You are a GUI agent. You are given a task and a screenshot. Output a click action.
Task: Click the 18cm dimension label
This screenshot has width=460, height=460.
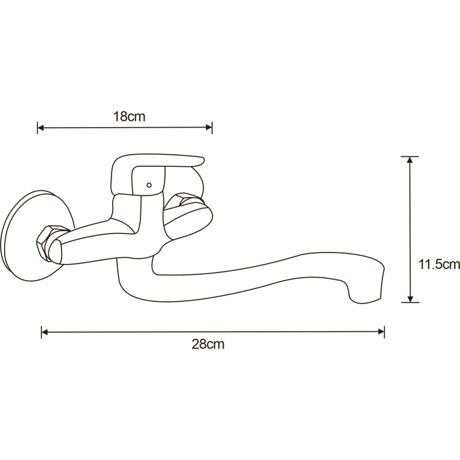[x=129, y=117]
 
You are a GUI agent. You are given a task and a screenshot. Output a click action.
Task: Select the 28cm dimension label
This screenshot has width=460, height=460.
[x=208, y=344]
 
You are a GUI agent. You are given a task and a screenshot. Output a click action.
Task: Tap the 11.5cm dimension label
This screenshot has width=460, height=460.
[x=439, y=264]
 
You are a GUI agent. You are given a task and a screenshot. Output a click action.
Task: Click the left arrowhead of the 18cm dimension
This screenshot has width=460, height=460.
[x=40, y=128]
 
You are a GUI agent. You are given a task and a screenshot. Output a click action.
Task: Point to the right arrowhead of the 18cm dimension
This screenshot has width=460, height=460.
[x=209, y=128]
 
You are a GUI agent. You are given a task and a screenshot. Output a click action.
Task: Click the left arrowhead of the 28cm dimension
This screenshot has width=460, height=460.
[x=45, y=332]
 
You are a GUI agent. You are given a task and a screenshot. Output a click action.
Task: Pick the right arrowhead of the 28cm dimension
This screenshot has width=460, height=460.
[x=381, y=332]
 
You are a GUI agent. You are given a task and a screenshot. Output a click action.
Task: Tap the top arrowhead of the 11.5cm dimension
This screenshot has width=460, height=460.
[x=410, y=160]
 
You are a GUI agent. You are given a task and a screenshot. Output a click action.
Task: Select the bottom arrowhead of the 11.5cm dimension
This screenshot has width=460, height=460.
[x=410, y=298]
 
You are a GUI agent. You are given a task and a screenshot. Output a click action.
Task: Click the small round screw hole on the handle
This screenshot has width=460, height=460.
[x=149, y=185]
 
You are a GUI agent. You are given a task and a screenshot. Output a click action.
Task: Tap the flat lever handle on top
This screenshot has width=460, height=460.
[x=157, y=173]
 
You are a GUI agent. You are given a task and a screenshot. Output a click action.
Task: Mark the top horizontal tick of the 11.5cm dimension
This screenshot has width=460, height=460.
[x=410, y=156]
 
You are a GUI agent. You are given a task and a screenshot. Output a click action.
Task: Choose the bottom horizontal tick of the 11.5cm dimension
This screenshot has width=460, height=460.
[x=410, y=302]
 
